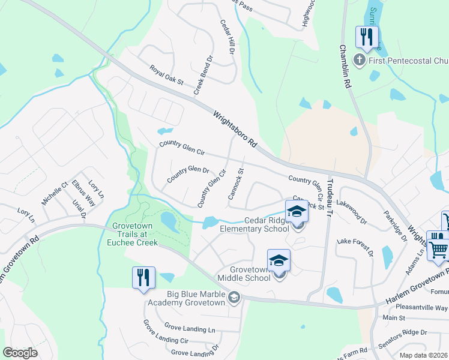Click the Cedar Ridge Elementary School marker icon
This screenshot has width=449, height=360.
(297, 213)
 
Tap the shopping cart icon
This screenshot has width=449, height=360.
(438, 247)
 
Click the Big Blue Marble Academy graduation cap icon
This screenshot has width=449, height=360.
(234, 296)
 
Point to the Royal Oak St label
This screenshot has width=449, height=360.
(166, 75)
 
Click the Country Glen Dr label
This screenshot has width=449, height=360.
(188, 174)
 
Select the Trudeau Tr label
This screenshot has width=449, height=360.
(329, 188)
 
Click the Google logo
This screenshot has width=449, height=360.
(20, 353)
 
